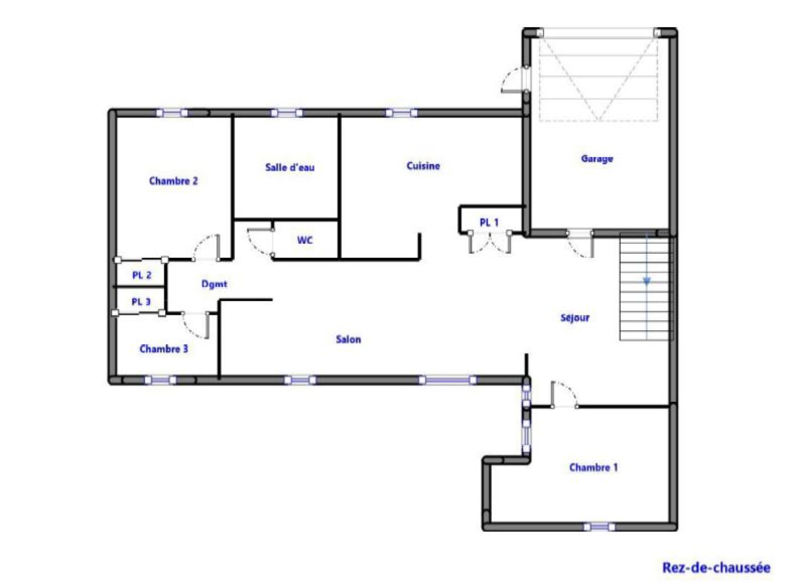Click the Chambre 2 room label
pos(173,181)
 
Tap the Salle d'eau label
pos(290,167)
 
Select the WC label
pos(305,240)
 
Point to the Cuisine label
pos(424,166)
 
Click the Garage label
pos(597,159)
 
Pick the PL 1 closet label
pos(489,223)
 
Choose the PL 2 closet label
pos(142,275)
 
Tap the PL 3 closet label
pos(141,302)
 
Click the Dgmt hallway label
pos(214,284)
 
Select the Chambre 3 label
pos(164,349)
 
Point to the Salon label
pos(348,339)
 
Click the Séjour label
pos(575,317)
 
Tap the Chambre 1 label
pos(594,467)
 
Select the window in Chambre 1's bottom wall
pos(599,527)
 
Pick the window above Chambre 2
pos(172,113)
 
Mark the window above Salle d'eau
pos(286,113)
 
